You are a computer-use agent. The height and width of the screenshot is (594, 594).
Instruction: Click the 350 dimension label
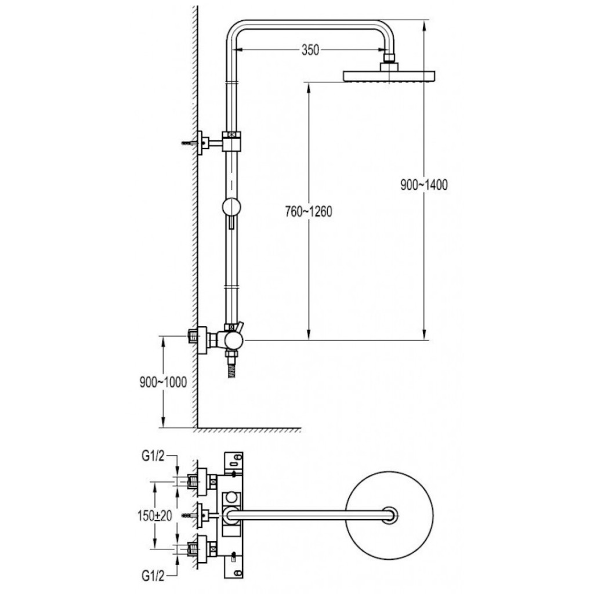(x=310, y=50)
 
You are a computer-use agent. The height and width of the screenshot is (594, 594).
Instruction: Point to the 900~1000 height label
(x=163, y=382)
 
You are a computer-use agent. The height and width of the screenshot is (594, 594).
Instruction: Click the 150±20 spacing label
(x=155, y=514)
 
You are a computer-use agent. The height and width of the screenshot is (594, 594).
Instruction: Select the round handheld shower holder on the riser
(x=231, y=208)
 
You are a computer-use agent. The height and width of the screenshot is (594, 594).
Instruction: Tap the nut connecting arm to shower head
(x=389, y=61)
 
